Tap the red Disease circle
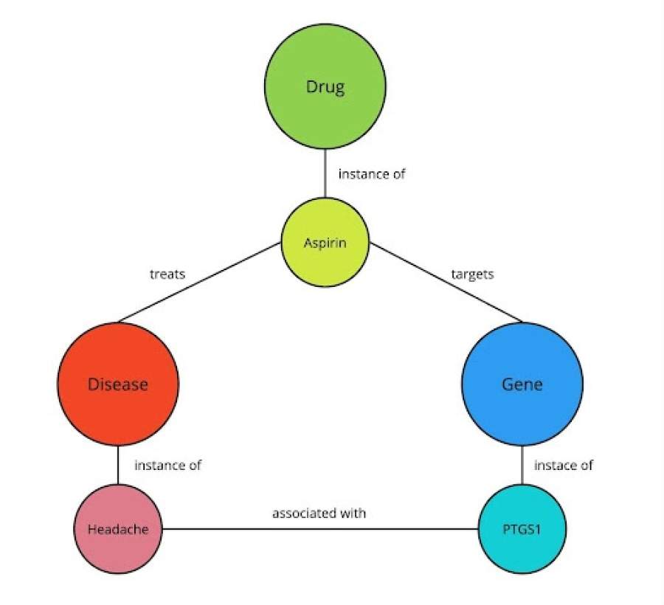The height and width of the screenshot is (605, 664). pos(118,402)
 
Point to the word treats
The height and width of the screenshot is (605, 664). pos(167,274)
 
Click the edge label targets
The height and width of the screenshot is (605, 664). pos(472,274)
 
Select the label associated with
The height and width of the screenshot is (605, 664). pos(319,513)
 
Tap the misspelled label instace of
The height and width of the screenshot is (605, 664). pos(564,466)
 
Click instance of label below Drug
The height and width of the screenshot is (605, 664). pos(372,175)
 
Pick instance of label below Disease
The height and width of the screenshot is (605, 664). pos(167,466)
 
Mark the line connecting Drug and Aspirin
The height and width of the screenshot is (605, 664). pos(325,173)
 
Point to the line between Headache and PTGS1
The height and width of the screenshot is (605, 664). pos(319,529)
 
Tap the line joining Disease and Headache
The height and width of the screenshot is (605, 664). pos(118,466)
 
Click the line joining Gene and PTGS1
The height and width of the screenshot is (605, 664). pos(522,466)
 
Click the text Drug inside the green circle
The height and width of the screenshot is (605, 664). pos(325,87)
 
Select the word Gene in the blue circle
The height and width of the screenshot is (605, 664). pos(522,384)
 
